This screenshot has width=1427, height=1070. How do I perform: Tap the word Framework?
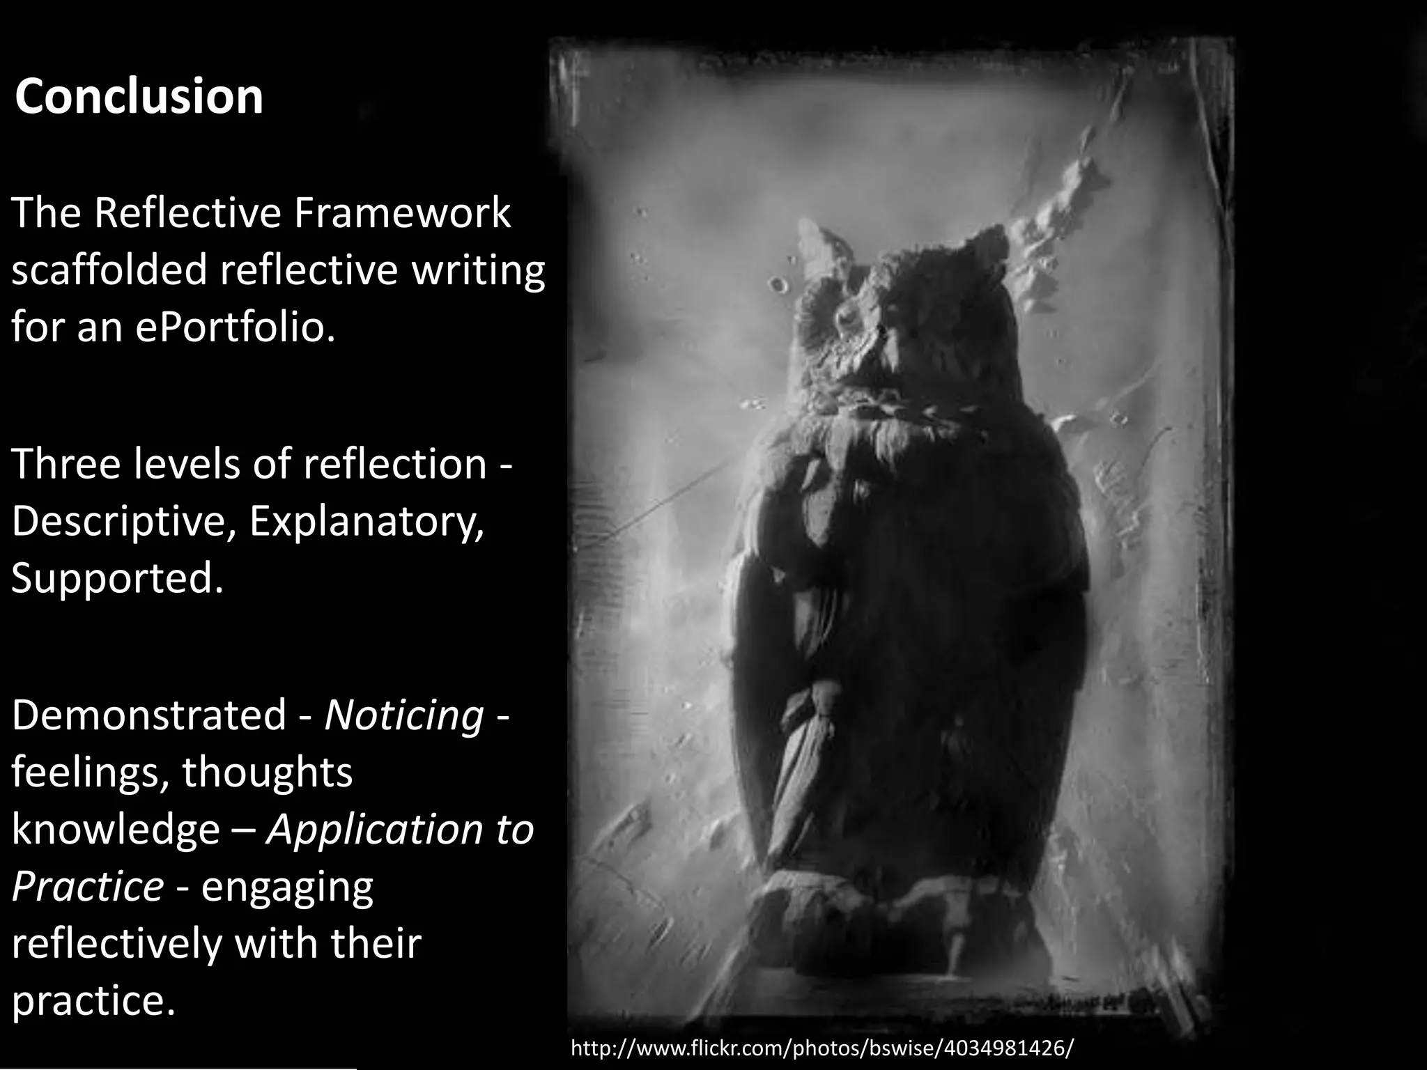pyautogui.click(x=402, y=212)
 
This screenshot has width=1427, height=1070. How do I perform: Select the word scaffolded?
pyautogui.click(x=109, y=270)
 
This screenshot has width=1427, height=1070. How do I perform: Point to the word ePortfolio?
pyautogui.click(x=236, y=327)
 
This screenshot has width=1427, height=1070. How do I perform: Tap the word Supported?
pyautogui.click(x=117, y=578)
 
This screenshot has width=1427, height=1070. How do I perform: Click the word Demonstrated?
pyautogui.click(x=149, y=715)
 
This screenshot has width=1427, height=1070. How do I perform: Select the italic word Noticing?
pyautogui.click(x=404, y=715)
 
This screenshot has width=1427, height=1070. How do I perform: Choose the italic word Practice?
pyautogui.click(x=88, y=886)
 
